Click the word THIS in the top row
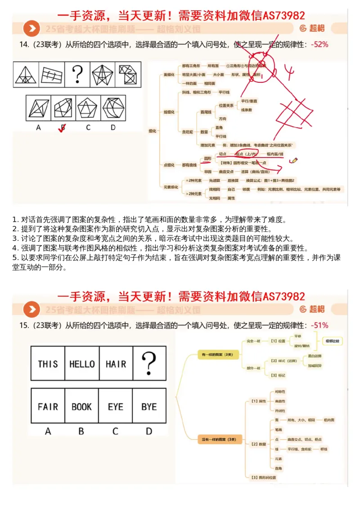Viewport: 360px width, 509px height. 48,364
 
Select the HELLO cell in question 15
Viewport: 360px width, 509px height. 82,364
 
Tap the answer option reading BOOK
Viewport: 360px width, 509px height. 81,406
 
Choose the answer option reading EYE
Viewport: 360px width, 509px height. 115,406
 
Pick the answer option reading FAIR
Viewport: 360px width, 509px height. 48,406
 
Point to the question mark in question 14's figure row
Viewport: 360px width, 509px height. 78,74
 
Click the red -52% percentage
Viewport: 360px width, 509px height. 319,45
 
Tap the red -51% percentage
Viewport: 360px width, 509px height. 319,325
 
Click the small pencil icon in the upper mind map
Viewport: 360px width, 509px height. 294,160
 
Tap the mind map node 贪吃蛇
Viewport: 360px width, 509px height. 186,131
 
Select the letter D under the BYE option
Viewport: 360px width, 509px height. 149,431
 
